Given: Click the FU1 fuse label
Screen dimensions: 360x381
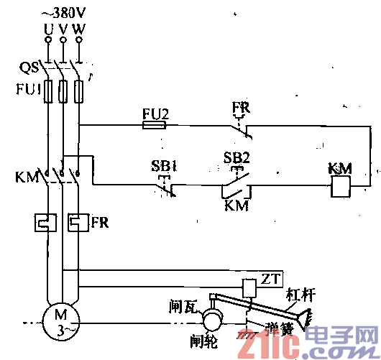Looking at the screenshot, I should pos(27,91).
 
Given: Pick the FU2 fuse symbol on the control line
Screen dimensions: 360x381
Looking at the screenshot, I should pos(155,125).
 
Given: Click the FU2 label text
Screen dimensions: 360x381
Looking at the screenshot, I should pos(154,112).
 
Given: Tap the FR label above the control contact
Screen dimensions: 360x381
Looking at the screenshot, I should pos(240,109).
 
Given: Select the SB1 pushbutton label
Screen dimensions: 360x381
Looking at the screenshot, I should pos(164,165).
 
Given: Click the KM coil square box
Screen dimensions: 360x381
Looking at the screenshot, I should pos(339,187).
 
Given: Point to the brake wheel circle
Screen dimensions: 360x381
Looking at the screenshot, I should pos(212,318).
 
